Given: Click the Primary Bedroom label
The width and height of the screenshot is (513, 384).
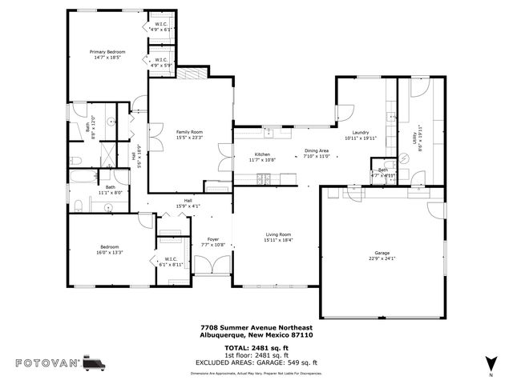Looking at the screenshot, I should pos(107,54).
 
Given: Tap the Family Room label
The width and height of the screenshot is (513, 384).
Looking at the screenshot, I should pos(190,134).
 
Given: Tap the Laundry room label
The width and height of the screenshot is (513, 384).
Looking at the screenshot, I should pos(359,135).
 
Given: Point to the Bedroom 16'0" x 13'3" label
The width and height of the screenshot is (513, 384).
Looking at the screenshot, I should pos(110,249).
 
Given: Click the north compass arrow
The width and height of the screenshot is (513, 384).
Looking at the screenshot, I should pos(491,362).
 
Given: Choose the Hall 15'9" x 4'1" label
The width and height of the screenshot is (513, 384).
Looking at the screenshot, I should pos(188,203).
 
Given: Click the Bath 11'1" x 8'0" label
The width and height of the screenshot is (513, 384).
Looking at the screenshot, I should pos(109,189).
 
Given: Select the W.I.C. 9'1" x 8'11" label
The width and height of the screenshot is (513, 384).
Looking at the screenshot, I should pos(172,262).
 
